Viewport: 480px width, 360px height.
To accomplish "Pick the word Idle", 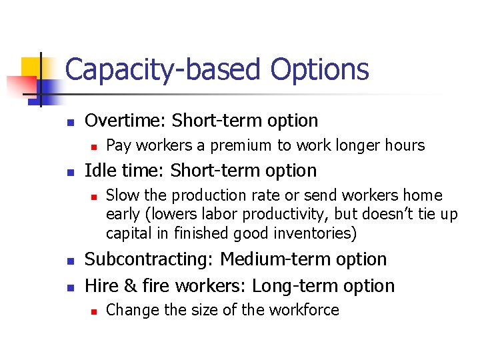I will click(100, 171).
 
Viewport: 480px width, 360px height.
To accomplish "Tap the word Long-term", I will click(289, 286).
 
